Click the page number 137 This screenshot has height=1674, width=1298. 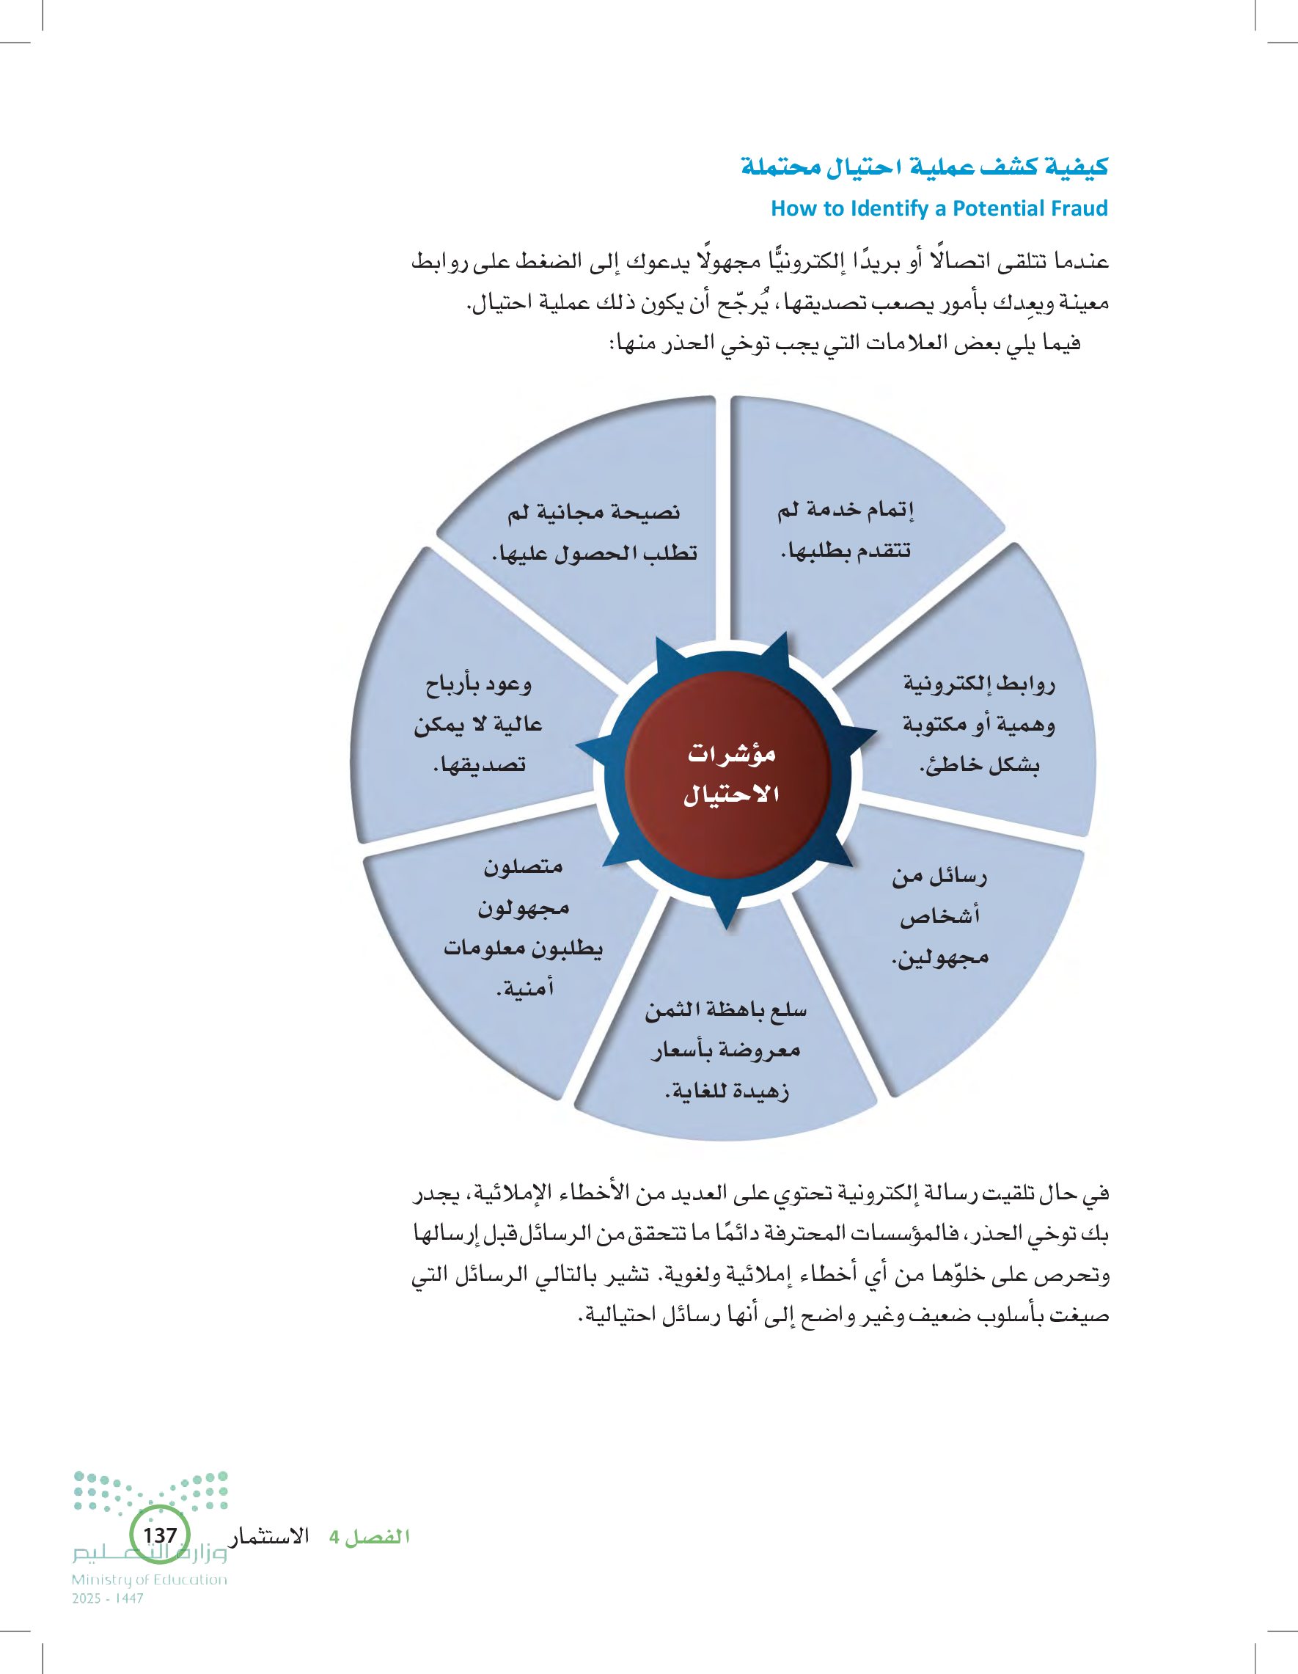coord(160,1535)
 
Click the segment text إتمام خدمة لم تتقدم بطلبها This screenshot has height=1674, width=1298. coord(845,530)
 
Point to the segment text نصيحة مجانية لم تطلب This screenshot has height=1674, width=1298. coord(594,532)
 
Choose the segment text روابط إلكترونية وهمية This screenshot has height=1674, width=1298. coord(978,723)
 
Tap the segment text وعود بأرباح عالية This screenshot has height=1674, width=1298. coord(479,723)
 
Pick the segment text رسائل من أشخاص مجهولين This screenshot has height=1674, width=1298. coord(939,916)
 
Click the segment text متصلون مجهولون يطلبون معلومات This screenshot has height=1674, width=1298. coord(524,927)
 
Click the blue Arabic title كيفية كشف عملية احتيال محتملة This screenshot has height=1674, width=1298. coord(924,167)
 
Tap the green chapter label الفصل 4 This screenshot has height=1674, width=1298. coord(370,1537)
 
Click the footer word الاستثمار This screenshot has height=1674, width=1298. coord(270,1536)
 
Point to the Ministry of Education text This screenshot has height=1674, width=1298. coord(150,1579)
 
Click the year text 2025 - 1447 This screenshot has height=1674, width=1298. coord(108,1598)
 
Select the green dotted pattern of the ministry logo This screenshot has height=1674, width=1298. coord(150,1491)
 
